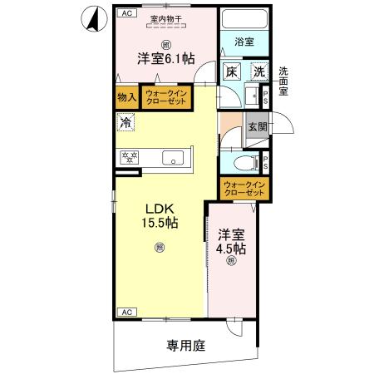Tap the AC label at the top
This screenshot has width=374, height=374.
[x=126, y=13]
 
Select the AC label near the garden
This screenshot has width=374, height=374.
[x=126, y=312]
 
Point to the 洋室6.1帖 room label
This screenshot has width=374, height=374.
[x=165, y=59]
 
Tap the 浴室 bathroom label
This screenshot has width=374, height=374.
[x=243, y=39]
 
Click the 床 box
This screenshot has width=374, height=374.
[x=232, y=73]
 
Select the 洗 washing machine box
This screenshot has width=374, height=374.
[x=259, y=73]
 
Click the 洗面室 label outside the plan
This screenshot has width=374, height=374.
[x=283, y=81]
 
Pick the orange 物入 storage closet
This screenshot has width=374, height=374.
[x=127, y=97]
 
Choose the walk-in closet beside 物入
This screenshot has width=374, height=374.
[x=165, y=97]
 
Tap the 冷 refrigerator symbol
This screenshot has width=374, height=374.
[x=125, y=122]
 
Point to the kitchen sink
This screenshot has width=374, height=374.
[x=175, y=157]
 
